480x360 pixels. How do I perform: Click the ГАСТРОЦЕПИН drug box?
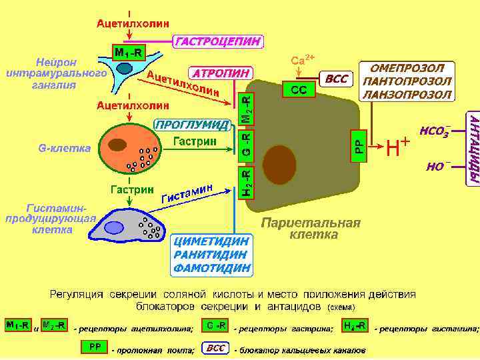point(218,42)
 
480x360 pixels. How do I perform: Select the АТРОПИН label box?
point(222,72)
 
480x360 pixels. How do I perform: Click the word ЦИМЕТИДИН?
point(212,241)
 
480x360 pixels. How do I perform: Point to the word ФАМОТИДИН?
point(212,268)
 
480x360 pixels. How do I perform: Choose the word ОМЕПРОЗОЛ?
point(407,69)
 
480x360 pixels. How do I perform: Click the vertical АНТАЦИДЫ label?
point(473,149)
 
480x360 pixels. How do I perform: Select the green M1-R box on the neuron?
point(127,52)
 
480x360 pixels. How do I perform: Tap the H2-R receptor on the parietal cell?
point(246,183)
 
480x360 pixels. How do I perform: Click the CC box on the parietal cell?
point(299,90)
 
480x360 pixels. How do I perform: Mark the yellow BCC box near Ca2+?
point(337,79)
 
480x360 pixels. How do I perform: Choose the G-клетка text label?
point(60,147)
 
